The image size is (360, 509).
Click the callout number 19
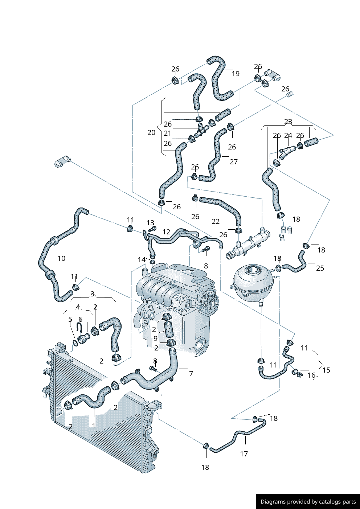pos(236,74)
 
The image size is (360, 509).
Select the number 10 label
pos(61,258)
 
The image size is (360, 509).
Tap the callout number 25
pos(320,268)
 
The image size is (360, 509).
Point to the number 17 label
pos(244,454)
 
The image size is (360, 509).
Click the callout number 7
pos(191,373)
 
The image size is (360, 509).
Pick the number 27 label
pos(233,162)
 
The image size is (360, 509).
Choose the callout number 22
pos(216,221)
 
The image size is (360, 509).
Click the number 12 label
pos(166,232)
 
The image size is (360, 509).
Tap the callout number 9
pos(155,338)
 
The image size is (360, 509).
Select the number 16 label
pos(311,375)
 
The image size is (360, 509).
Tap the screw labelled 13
pos(152,229)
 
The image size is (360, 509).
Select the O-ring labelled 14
pos(152,262)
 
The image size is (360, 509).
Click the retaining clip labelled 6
pos(79,327)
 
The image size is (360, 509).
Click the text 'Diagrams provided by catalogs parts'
pos(308,502)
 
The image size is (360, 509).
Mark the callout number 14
pos(142,260)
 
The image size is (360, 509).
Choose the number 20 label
pos(151,133)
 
